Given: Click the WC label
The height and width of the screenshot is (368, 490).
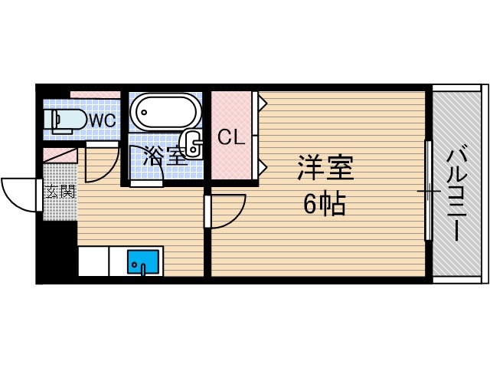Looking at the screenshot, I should (103, 120).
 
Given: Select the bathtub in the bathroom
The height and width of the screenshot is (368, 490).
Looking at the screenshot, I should (165, 112).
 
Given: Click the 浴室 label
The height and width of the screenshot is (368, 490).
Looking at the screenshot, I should (165, 156).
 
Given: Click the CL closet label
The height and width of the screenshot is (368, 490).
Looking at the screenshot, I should (231, 137).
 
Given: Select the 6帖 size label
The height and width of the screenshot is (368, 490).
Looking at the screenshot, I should (325, 204).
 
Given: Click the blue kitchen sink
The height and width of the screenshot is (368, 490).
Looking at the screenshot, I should (142, 262).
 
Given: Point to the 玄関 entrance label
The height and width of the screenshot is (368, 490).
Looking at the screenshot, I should (60, 191).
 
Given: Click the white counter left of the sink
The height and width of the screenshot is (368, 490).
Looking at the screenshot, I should (93, 261).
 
